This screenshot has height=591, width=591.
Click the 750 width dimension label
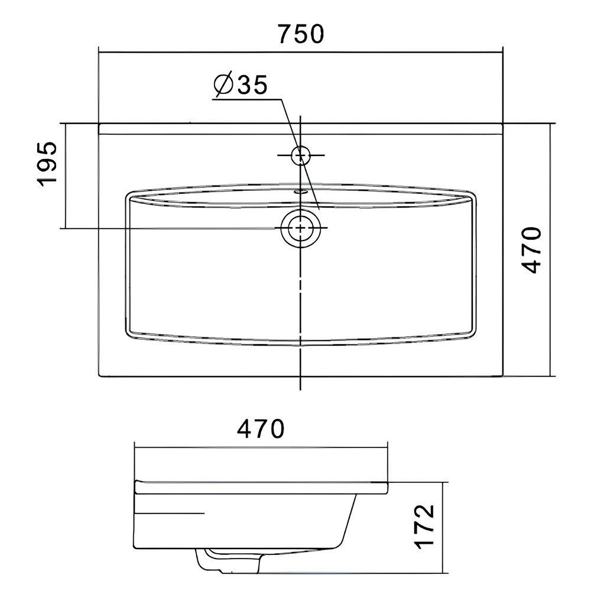pos(301,34)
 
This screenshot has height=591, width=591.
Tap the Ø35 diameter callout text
pos(241,84)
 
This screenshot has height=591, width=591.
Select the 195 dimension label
pos(47,164)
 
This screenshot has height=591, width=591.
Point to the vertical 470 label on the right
pos(531,249)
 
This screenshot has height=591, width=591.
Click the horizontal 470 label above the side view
pos(261,428)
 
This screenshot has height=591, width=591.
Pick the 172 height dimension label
pos(424,526)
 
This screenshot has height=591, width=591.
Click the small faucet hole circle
pos(300,155)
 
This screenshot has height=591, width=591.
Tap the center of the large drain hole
pos(300,228)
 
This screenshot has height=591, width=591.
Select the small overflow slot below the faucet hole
pos(300,191)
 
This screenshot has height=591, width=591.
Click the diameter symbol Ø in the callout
pos(223,85)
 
